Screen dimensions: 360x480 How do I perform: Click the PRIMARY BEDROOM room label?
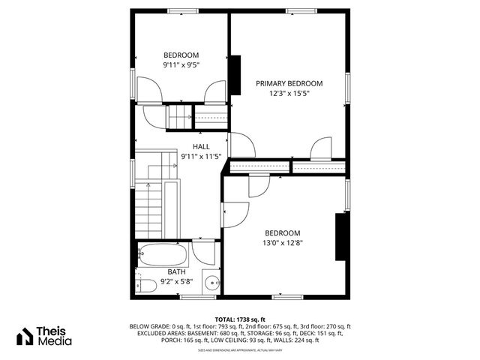coord(289,83)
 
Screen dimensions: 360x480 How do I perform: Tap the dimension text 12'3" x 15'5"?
coord(289,94)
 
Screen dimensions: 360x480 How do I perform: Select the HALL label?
coord(201,146)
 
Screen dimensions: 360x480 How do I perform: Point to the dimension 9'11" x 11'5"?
coord(201,157)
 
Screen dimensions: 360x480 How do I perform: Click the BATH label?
coord(177,271)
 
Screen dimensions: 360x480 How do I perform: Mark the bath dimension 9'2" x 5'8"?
coord(177,282)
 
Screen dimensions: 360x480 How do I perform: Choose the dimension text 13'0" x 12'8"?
coord(282,242)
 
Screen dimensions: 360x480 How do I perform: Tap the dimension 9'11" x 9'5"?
coord(181,65)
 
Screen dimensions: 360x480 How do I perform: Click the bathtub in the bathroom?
coord(164,256)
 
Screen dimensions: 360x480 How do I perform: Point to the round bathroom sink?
coord(212,283)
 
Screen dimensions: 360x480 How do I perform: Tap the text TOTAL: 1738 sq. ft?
coord(240,319)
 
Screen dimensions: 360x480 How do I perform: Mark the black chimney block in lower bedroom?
coord(340,235)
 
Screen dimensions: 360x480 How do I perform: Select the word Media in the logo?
coord(56,341)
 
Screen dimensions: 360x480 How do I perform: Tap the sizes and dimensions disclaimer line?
coord(240,349)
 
